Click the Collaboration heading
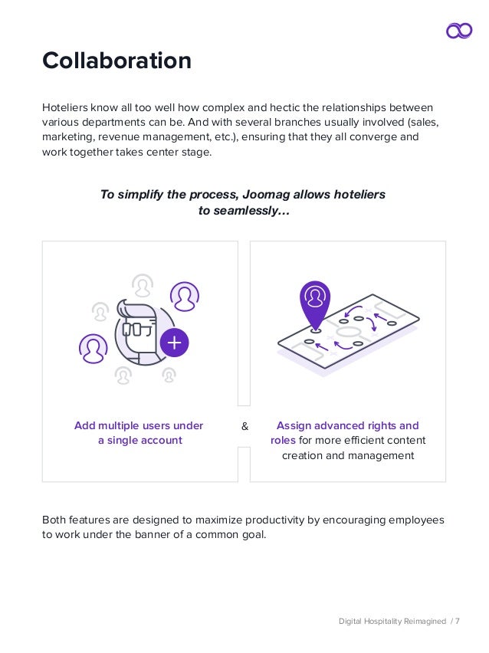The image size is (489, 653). pyautogui.click(x=117, y=61)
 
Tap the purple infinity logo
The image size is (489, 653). pyautogui.click(x=459, y=30)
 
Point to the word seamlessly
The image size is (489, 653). pyautogui.click(x=254, y=210)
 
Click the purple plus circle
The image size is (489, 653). pyautogui.click(x=175, y=343)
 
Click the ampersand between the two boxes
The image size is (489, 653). pyautogui.click(x=244, y=426)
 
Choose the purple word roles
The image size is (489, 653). pyautogui.click(x=283, y=441)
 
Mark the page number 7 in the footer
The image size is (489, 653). pyautogui.click(x=458, y=621)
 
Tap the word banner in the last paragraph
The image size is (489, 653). pyautogui.click(x=154, y=535)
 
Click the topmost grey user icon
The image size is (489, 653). pyautogui.click(x=143, y=285)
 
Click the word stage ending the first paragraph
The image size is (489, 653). pyautogui.click(x=195, y=153)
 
